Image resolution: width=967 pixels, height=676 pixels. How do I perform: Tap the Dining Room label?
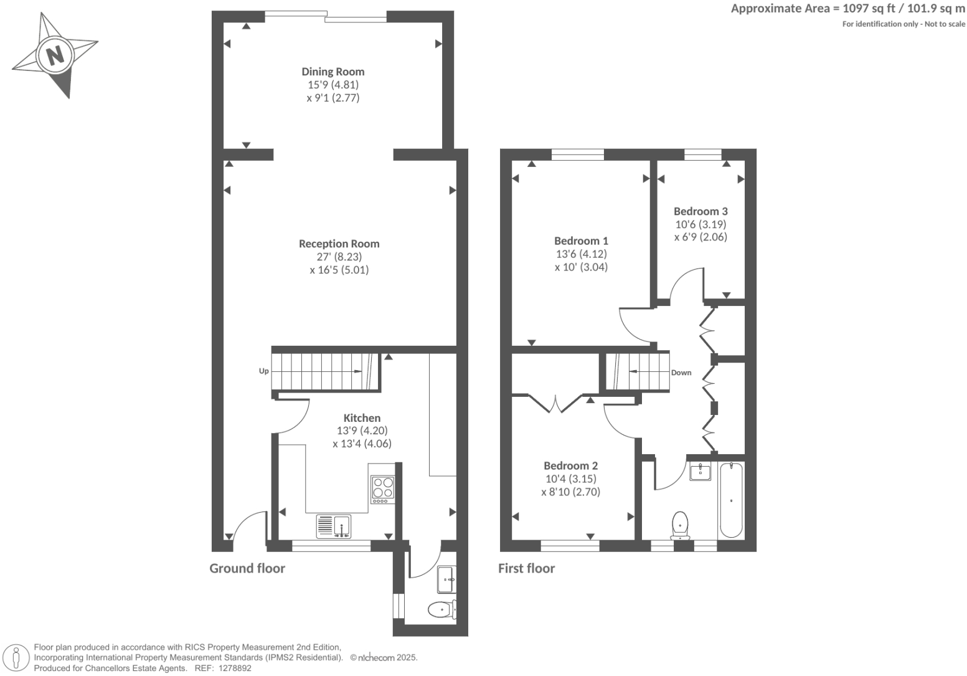click(333, 72)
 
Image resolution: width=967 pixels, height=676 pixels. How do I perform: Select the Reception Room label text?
click(339, 244)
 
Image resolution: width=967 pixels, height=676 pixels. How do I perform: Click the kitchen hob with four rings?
click(383, 489)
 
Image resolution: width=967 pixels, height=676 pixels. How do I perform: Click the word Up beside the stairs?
click(263, 371)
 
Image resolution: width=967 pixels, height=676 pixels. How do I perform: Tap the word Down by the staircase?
click(681, 373)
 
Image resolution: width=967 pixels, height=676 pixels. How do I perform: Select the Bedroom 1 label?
click(581, 240)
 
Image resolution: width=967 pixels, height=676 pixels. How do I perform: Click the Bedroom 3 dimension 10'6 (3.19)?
click(700, 224)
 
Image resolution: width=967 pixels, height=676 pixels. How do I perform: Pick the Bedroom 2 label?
click(570, 465)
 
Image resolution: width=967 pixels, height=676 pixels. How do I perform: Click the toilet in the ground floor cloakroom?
click(441, 609)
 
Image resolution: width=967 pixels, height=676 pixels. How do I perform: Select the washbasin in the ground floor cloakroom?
click(447, 580)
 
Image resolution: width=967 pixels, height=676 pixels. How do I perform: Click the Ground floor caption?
click(247, 568)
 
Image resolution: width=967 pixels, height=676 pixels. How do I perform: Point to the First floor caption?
click(526, 568)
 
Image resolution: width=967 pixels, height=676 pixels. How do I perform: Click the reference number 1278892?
click(232, 668)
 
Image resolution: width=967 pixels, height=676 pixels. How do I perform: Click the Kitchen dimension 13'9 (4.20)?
click(362, 431)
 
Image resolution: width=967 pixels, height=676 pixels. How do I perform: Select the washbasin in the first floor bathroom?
click(700, 472)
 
